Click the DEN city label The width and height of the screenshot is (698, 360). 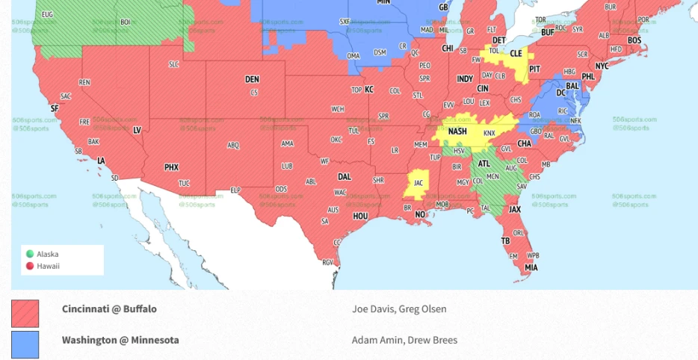tap(252, 79)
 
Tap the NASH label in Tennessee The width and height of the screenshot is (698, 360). tap(457, 131)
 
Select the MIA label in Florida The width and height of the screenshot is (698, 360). tap(531, 267)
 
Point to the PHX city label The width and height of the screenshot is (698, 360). tap(171, 167)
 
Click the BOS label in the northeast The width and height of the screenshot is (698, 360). tap(634, 40)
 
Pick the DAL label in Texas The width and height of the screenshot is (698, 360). tap(344, 177)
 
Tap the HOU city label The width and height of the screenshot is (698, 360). tap(360, 216)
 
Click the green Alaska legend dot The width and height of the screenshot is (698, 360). tap(30, 254)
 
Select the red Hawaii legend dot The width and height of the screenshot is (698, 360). tap(30, 266)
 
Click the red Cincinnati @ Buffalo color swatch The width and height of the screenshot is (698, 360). tap(25, 314)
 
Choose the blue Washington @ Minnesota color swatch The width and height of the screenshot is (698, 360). tap(25, 344)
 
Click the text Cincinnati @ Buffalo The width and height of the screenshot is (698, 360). tap(109, 309)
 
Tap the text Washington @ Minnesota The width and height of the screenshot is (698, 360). tap(120, 340)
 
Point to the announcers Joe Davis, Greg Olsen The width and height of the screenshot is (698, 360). tap(399, 309)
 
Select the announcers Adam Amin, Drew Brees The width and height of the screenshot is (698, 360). tap(404, 340)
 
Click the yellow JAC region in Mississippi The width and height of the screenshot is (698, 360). tap(416, 183)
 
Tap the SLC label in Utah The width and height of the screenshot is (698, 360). tap(174, 65)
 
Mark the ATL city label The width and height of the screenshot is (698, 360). tap(484, 164)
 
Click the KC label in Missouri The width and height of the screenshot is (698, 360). tap(368, 90)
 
